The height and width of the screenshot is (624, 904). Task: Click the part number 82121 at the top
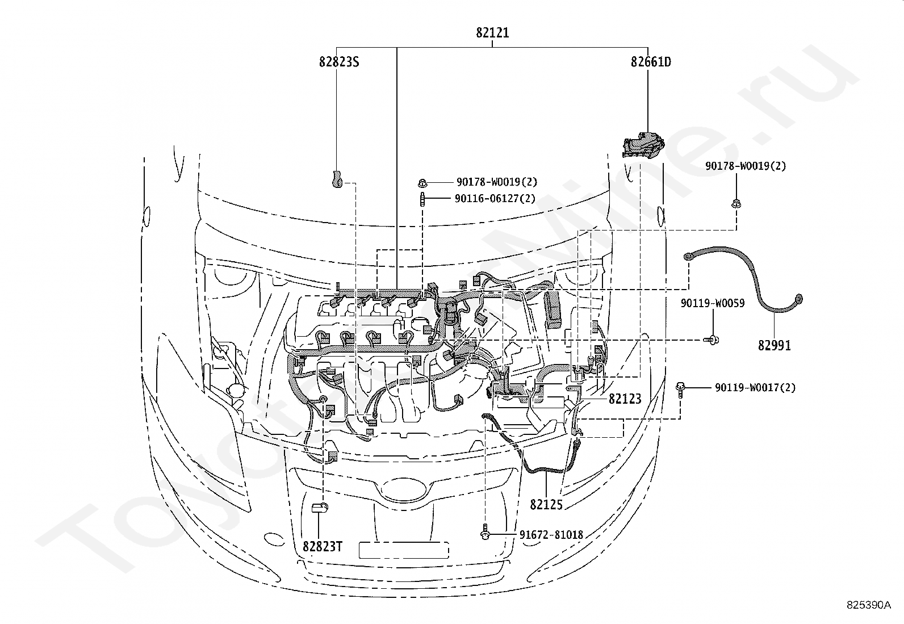(x=492, y=33)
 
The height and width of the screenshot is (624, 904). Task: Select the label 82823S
(x=339, y=62)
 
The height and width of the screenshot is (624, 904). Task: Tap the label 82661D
(x=651, y=62)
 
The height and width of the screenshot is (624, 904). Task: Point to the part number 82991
(x=774, y=346)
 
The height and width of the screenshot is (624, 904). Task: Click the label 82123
(x=625, y=399)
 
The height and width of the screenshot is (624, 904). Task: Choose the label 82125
(x=546, y=505)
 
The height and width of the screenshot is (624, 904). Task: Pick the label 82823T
(x=323, y=547)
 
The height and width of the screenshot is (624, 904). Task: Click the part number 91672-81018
(x=551, y=535)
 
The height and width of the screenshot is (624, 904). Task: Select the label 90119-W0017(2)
(x=755, y=387)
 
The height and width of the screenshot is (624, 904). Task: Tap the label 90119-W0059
(x=713, y=303)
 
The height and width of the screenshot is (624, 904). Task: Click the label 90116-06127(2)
(x=495, y=199)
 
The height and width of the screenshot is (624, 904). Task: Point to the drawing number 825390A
(x=868, y=605)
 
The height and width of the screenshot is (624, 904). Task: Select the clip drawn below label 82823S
(x=337, y=179)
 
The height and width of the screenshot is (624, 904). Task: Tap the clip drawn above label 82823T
(x=320, y=508)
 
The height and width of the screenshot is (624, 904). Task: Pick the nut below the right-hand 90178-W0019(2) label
(x=736, y=203)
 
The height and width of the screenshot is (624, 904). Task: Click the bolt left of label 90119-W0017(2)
(x=680, y=390)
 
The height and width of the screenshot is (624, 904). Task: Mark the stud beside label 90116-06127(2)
(x=422, y=199)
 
